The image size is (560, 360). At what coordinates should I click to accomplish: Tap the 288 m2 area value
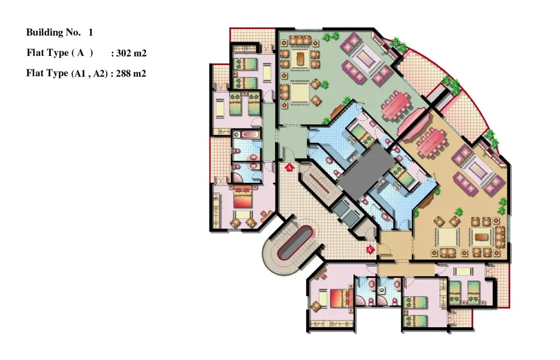[131, 73]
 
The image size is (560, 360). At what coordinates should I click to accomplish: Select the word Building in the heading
[44, 32]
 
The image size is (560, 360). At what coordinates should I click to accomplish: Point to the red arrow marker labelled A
[289, 167]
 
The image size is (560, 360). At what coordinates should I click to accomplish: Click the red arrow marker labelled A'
[370, 249]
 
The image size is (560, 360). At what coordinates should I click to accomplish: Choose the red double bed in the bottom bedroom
[341, 298]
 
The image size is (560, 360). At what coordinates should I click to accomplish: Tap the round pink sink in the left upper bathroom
[253, 158]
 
